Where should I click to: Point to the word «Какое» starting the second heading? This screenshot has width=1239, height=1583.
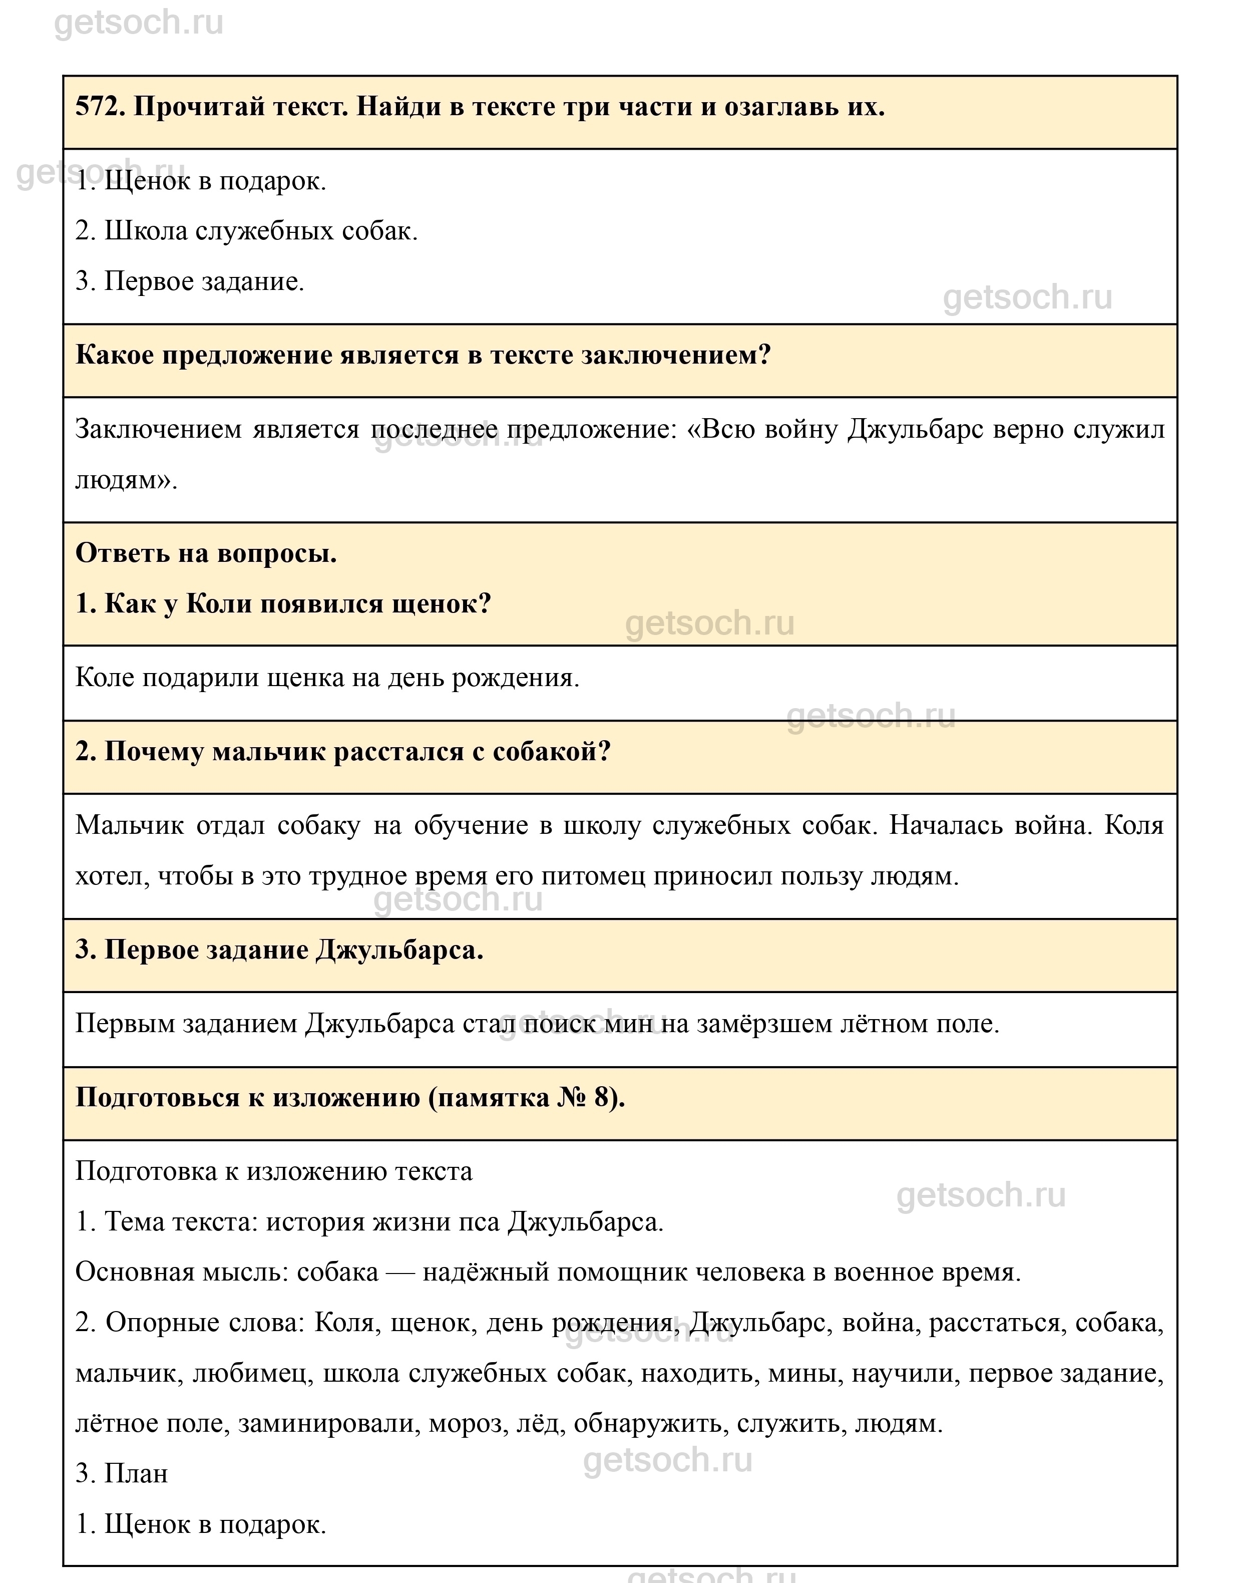click(111, 356)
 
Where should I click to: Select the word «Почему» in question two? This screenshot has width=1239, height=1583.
click(153, 752)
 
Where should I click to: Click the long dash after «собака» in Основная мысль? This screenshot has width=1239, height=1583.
click(400, 1273)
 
